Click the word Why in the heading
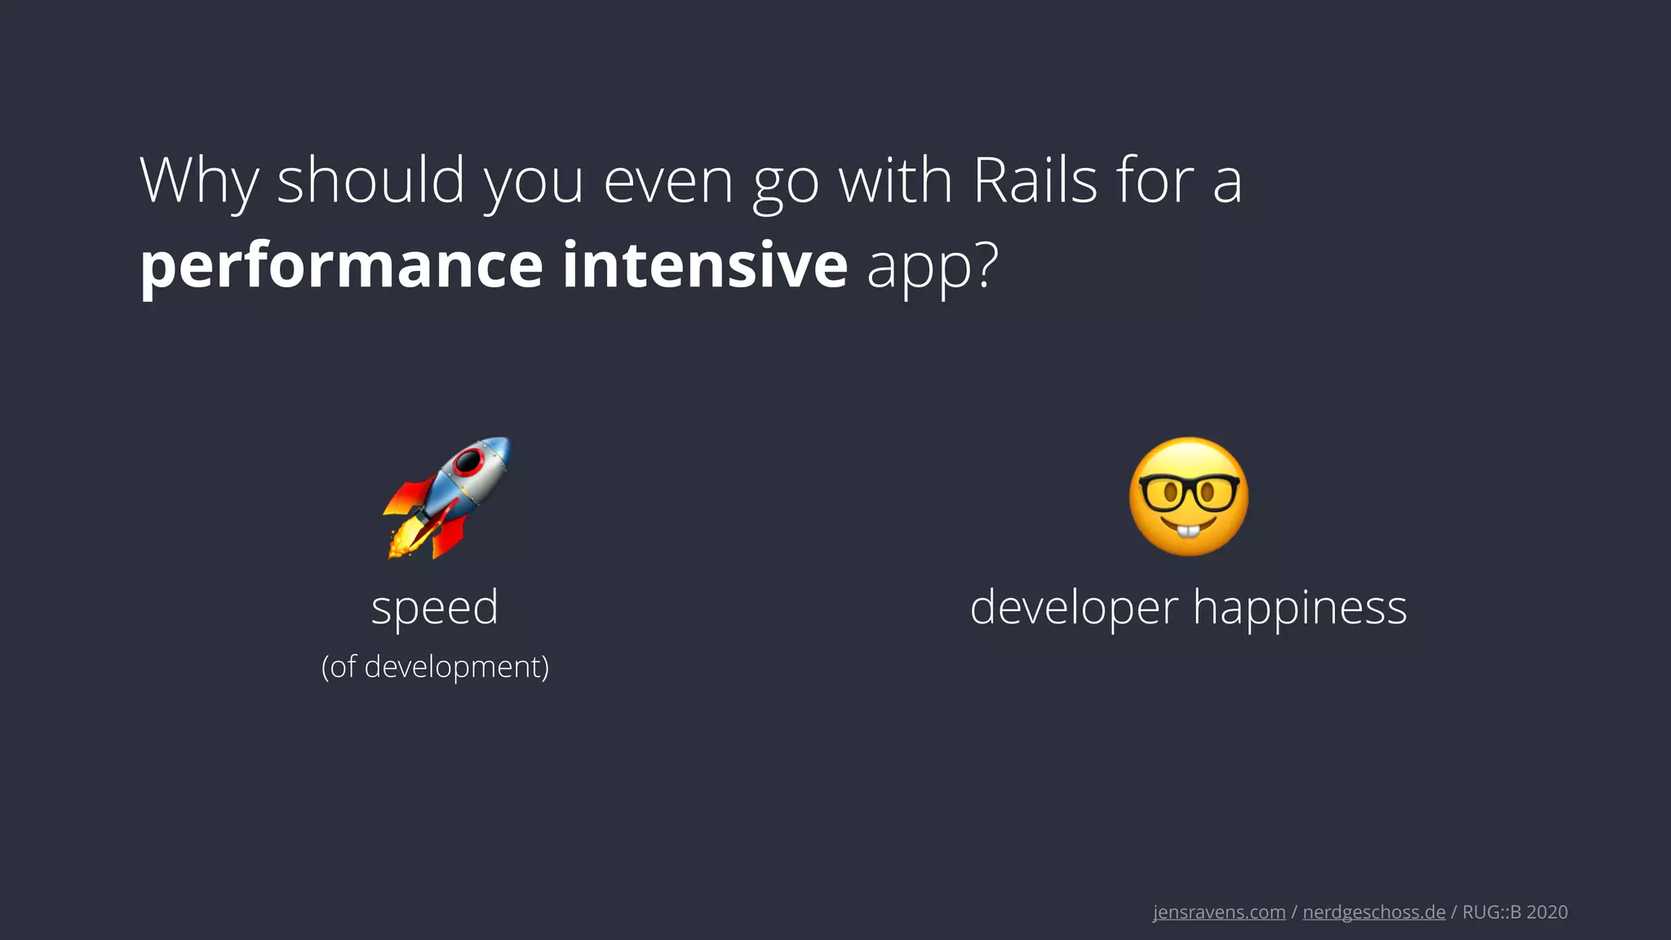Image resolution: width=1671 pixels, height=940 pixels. click(x=199, y=181)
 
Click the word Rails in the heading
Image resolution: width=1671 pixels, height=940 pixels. click(x=1035, y=181)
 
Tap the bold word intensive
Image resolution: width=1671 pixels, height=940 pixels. click(x=705, y=266)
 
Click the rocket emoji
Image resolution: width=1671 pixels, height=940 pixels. click(x=447, y=498)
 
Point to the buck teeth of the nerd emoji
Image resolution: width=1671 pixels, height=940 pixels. click(x=1189, y=532)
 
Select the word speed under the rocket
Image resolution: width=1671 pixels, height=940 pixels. click(x=434, y=608)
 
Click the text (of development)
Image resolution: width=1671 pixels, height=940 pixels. click(x=435, y=667)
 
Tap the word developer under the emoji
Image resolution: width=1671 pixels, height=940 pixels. click(x=1074, y=609)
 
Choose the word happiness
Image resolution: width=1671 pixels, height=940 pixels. click(x=1300, y=609)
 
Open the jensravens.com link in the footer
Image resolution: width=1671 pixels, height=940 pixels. click(x=1219, y=912)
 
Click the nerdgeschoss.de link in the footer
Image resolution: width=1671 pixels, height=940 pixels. click(x=1374, y=912)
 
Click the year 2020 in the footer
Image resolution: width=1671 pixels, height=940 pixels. click(x=1547, y=912)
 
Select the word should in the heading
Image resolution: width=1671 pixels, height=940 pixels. click(x=371, y=181)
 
